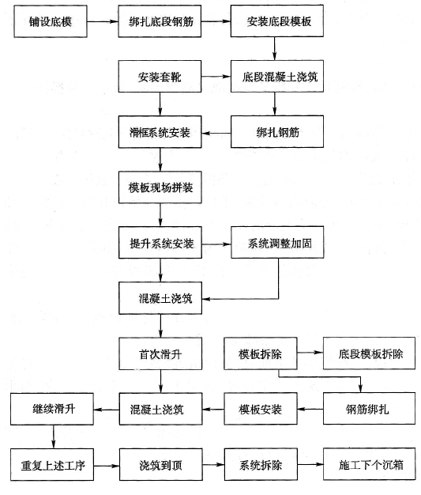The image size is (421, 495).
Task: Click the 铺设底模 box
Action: [x=51, y=21]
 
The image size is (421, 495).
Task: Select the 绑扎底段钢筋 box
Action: [x=160, y=21]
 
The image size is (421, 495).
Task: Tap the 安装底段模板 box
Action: [x=277, y=21]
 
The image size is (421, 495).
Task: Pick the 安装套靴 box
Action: [x=160, y=77]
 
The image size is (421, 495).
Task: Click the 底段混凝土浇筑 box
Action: [x=277, y=77]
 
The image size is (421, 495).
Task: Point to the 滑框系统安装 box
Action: [x=160, y=132]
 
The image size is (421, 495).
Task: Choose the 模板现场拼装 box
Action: [x=160, y=187]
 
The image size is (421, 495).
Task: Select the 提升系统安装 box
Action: [x=160, y=243]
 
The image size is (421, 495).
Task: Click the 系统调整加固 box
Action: [x=277, y=243]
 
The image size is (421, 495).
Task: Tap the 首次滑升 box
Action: [x=160, y=354]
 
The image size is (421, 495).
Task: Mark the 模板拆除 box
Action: [x=261, y=353]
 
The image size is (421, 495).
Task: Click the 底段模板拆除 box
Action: [x=369, y=353]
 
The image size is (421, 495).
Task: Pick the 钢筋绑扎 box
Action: [x=369, y=409]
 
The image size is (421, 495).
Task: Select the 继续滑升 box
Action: [x=52, y=409]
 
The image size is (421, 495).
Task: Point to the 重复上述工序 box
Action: [x=52, y=465]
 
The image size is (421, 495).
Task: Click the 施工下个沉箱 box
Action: [x=370, y=464]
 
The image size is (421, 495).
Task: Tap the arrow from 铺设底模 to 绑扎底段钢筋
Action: [x=103, y=22]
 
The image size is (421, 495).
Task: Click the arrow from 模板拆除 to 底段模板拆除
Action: [x=310, y=353]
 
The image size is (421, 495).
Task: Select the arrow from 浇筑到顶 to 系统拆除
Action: [x=213, y=465]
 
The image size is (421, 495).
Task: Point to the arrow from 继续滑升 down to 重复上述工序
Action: [x=53, y=437]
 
